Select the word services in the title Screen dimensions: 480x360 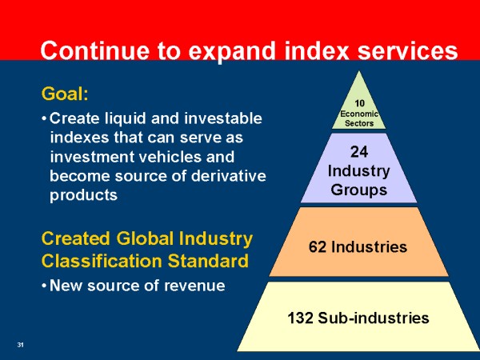coord(407,50)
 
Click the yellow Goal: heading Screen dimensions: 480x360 coord(65,94)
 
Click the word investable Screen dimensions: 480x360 coord(223,118)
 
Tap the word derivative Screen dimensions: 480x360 coord(228,176)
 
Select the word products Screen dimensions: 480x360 coord(83,196)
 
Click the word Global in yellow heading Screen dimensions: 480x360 coord(145,238)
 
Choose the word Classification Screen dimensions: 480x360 coord(102,261)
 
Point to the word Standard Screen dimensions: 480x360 coord(208,261)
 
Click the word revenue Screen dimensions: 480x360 coord(194,286)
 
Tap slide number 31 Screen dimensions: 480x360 coord(20,345)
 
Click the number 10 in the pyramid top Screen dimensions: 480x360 coord(359,103)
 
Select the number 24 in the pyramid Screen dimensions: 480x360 coord(358,152)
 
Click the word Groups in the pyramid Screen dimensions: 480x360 coord(358,190)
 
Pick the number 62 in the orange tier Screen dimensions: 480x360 coord(318,246)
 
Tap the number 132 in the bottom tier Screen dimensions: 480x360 coord(300,318)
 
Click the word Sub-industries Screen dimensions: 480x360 coord(373,318)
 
